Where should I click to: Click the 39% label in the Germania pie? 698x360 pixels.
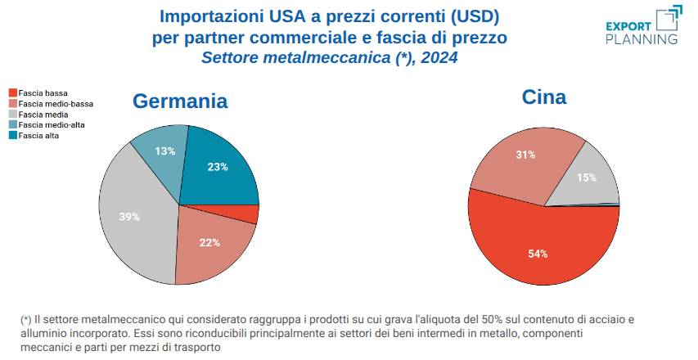coord(129,217)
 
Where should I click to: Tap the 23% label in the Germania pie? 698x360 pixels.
coord(218,167)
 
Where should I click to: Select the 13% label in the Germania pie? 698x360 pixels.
coord(165,151)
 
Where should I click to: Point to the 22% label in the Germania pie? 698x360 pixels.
coord(210,242)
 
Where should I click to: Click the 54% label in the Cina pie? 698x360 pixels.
coord(538,254)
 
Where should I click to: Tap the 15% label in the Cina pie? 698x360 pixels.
coord(586,178)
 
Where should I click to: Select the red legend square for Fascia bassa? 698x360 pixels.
coord(13,93)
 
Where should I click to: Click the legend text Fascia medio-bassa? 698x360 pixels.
coord(56,104)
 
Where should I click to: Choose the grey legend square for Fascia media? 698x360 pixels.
coord(13,115)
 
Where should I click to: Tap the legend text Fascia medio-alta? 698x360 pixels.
coord(52,125)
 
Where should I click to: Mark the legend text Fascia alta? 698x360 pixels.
coord(41,136)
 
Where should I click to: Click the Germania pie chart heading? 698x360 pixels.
coord(180,101)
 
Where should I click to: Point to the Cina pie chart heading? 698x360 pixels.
coord(544,98)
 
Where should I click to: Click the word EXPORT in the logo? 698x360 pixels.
coord(628,25)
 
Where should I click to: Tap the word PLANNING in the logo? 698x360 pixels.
coord(641,38)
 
